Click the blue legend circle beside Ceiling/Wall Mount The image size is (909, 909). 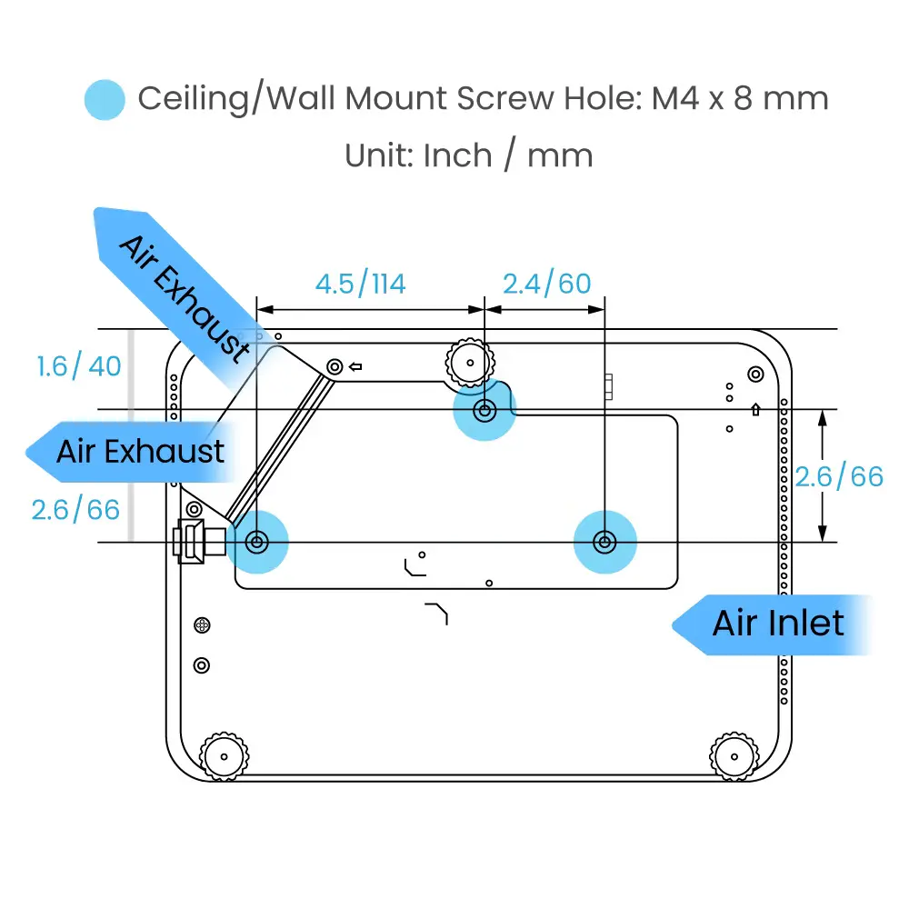click(x=105, y=99)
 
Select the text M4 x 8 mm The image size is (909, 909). click(x=740, y=98)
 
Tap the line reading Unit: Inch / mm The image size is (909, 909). click(x=468, y=155)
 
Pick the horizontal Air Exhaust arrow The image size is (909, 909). click(x=127, y=451)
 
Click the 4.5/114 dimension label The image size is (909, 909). click(x=360, y=285)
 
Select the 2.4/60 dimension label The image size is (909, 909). click(x=546, y=285)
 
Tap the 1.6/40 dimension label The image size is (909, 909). click(x=79, y=366)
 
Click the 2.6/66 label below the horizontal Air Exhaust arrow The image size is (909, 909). click(x=75, y=509)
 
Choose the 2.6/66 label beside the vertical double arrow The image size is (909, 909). click(x=839, y=476)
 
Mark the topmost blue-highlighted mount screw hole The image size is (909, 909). click(x=484, y=411)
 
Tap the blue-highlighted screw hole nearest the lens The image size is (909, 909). click(x=257, y=543)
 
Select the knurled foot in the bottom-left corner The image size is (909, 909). click(x=221, y=754)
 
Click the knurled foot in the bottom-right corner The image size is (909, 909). click(x=733, y=754)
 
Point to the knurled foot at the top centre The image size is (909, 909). click(x=469, y=362)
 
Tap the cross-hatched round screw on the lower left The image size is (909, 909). click(x=203, y=625)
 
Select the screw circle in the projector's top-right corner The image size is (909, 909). click(x=754, y=374)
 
